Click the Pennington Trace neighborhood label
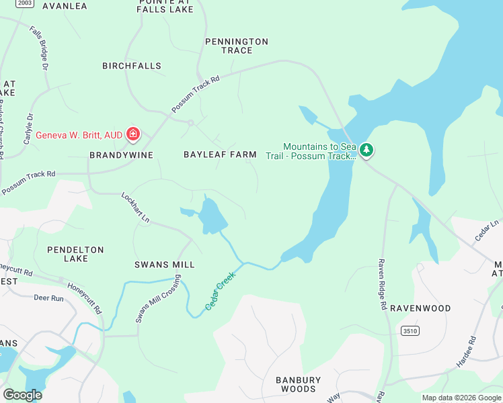(237, 46)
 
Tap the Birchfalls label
(132, 66)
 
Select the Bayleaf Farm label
(220, 154)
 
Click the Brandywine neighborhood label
(121, 154)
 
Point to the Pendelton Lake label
(75, 254)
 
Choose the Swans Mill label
(164, 265)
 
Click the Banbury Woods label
(299, 384)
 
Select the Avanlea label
(65, 6)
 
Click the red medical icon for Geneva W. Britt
(133, 135)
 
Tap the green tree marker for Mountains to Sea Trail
(366, 150)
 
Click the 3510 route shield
(409, 331)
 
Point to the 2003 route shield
(25, 3)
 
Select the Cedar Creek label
(221, 290)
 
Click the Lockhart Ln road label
(135, 208)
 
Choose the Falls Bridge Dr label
(39, 48)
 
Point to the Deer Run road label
(48, 298)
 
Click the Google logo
(22, 395)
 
